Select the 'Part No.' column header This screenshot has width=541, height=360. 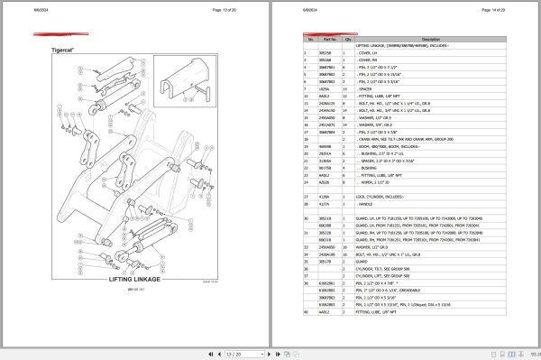point(328,40)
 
